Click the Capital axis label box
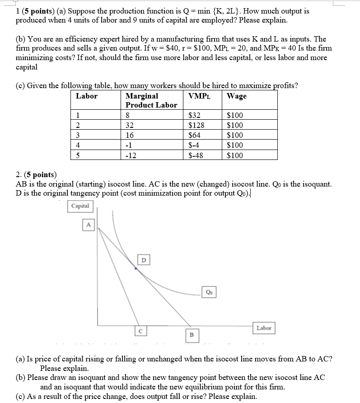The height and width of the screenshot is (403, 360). (x=80, y=206)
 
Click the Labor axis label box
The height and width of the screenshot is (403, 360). (x=264, y=328)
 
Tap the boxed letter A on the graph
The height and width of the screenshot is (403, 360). (x=89, y=225)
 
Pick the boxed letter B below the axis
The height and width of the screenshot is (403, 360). (x=191, y=335)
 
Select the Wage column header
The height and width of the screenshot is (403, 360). (x=237, y=96)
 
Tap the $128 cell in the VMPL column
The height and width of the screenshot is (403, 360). (x=196, y=125)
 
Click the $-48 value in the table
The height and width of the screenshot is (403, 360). (x=196, y=155)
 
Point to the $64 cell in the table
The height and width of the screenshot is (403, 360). (x=195, y=135)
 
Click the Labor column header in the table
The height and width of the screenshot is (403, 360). (x=87, y=96)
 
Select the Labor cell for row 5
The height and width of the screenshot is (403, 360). (x=78, y=155)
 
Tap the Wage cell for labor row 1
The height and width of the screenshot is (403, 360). (x=235, y=115)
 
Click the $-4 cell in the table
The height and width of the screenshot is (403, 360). (x=194, y=145)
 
